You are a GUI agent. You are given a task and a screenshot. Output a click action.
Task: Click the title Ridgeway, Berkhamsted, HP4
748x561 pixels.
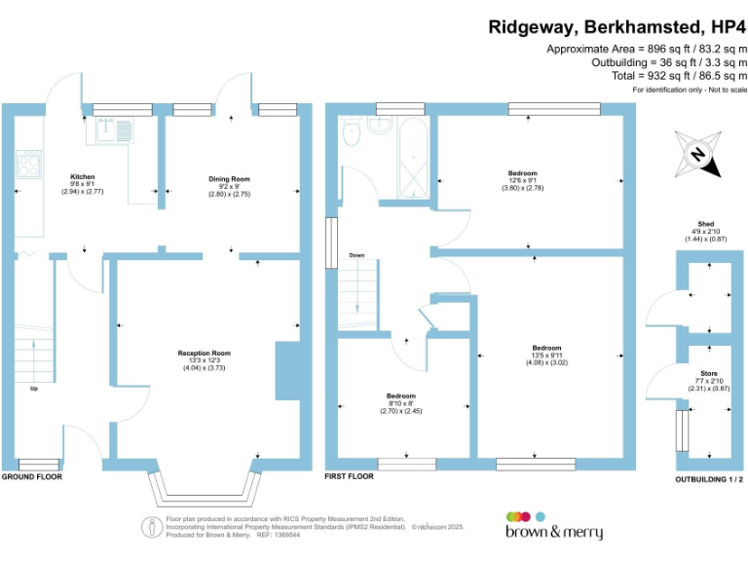tap(617, 27)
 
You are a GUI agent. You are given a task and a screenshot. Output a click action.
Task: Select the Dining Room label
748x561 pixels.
tap(230, 179)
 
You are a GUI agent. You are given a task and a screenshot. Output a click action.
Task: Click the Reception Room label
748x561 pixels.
tap(204, 353)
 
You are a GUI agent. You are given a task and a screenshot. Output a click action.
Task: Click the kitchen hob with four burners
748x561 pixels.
tap(26, 164)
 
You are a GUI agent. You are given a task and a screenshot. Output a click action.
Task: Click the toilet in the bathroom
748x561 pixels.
tap(352, 133)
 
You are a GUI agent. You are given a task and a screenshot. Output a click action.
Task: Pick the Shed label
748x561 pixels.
tap(706, 223)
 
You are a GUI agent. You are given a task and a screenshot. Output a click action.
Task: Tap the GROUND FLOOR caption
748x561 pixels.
tap(32, 478)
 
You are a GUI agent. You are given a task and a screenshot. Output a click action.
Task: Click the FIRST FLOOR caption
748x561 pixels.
tap(350, 478)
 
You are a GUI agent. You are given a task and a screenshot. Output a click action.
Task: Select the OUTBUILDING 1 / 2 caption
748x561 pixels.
tap(709, 480)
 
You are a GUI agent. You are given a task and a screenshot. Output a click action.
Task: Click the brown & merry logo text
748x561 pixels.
tap(553, 533)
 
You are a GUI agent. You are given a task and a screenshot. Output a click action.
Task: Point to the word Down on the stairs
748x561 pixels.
tap(356, 255)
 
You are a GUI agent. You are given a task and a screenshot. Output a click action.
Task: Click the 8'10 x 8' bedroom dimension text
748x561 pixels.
tap(400, 404)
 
